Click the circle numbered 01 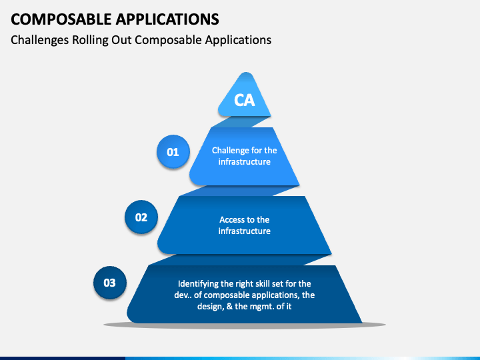pos(173,152)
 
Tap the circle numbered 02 pos(141,217)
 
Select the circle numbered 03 pos(109,283)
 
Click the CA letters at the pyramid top pos(245,101)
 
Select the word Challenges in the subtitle pos(38,39)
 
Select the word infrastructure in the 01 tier pos(245,162)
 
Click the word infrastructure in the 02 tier pos(245,231)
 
